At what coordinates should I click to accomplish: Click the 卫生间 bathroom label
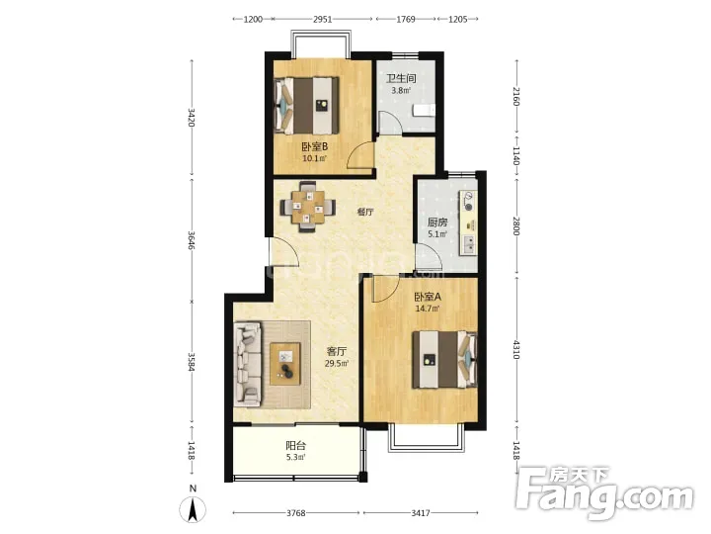401,78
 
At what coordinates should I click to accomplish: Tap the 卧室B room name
315,146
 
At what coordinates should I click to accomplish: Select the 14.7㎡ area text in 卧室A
428,309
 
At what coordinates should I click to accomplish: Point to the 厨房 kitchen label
437,222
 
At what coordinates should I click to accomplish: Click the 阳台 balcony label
295,446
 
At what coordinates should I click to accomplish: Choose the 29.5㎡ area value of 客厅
337,363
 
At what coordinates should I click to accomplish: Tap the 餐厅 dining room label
365,212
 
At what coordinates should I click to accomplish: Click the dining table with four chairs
308,207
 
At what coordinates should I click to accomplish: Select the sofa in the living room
248,364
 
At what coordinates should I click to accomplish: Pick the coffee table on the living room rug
285,364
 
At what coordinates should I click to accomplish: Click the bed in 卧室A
444,359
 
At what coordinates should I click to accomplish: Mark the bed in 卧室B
306,106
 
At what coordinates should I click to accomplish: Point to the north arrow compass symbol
193,508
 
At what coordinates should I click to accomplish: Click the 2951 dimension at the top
322,19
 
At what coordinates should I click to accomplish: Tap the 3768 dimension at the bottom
295,513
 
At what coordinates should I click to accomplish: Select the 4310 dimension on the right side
516,349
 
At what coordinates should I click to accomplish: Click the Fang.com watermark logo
605,492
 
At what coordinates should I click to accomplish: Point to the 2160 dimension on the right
516,96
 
